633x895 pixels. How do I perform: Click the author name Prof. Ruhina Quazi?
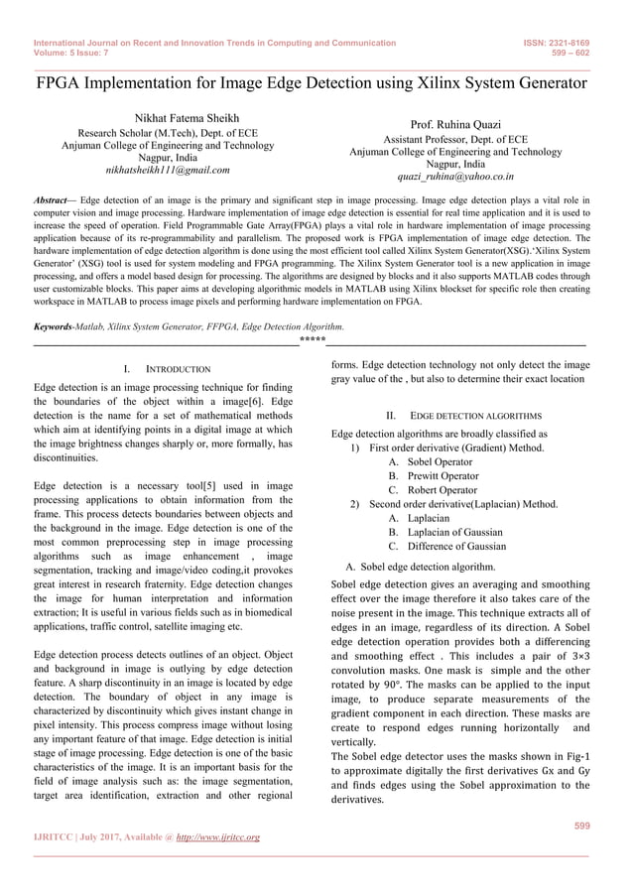(x=455, y=126)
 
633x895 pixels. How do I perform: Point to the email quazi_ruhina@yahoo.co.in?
(x=455, y=178)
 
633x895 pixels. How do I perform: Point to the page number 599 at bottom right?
(x=580, y=826)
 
